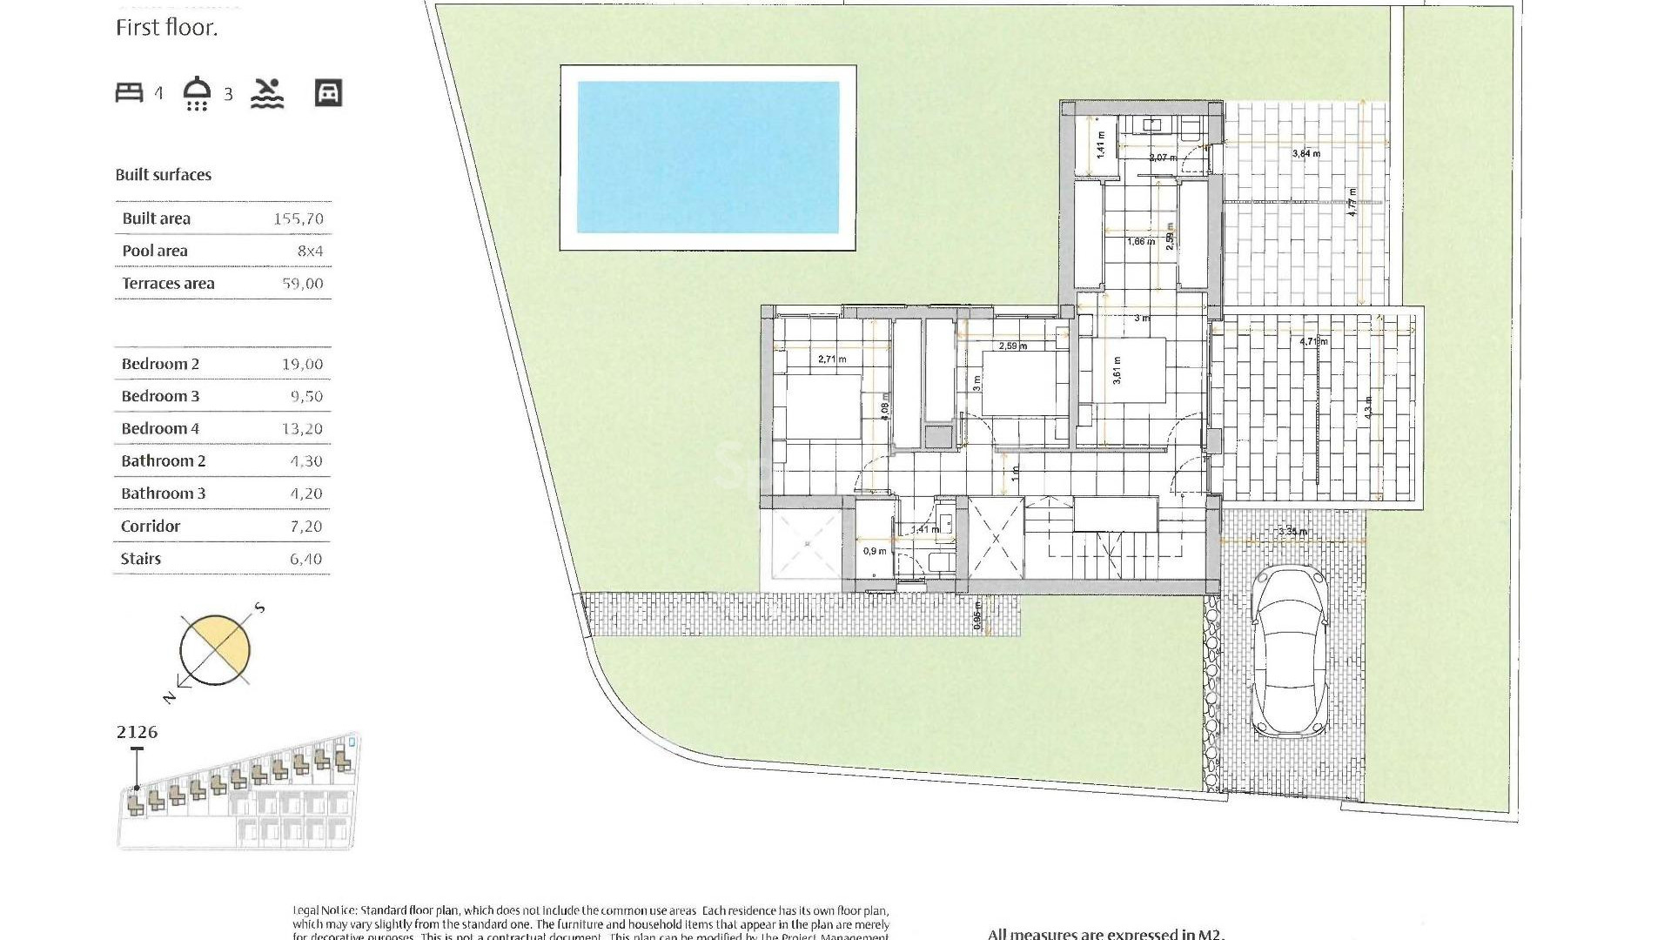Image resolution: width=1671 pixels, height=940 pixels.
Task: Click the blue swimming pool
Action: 708,158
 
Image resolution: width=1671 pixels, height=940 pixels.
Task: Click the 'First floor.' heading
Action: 166,28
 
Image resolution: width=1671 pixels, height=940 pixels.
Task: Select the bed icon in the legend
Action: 130,92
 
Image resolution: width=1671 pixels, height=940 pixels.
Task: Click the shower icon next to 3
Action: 198,93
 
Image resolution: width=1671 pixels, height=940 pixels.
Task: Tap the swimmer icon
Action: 267,93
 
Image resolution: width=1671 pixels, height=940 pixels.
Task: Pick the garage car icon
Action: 328,93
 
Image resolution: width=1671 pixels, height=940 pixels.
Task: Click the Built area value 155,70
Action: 299,219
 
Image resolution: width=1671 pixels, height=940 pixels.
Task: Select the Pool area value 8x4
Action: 310,252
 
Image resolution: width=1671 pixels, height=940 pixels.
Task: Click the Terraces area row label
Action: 168,284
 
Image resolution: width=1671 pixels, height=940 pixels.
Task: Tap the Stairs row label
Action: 141,559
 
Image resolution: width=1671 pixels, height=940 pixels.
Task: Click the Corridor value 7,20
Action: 305,527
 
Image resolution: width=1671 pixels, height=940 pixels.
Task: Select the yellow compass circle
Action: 215,650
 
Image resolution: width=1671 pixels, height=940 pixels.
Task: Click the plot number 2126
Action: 137,732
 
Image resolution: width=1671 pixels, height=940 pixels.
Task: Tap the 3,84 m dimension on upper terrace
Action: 1305,153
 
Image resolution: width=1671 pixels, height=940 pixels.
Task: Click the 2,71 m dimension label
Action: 832,359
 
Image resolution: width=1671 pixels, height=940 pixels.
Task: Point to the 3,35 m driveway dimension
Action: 1292,532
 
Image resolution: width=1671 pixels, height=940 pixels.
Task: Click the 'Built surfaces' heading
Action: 164,175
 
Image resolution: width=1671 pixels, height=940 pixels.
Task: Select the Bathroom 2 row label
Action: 164,461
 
